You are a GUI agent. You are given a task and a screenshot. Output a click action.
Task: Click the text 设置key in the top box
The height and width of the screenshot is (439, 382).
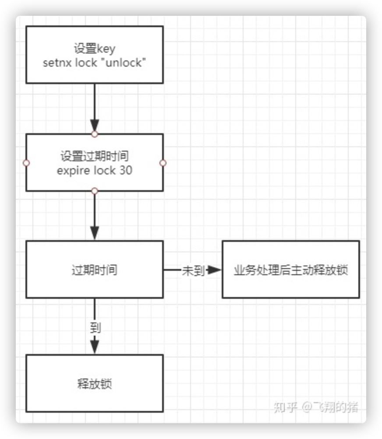95,49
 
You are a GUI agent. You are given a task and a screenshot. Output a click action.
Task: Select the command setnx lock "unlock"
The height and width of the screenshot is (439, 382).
95,63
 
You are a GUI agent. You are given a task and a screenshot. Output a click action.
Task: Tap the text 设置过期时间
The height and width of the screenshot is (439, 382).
95,156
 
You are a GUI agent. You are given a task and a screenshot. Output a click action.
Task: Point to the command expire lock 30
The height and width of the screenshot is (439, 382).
95,170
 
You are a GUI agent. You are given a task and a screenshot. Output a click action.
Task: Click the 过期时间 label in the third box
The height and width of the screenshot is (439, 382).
95,270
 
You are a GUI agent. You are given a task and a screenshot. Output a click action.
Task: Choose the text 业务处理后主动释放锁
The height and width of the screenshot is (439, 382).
291,270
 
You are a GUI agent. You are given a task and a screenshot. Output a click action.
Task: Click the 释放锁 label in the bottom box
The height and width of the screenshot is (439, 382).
95,384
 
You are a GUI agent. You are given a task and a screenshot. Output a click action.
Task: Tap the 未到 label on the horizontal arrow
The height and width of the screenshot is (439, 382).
193,271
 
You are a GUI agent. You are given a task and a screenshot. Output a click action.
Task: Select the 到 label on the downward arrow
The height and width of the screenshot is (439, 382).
95,327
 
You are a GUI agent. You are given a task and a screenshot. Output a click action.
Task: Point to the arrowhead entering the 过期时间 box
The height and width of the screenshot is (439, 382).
95,233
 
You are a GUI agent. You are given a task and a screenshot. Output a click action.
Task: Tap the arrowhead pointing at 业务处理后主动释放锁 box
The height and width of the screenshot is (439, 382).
215,270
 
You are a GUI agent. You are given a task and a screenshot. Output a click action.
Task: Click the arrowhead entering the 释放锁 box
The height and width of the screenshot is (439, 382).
95,347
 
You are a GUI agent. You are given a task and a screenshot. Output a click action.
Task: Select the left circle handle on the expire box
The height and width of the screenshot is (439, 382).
26,163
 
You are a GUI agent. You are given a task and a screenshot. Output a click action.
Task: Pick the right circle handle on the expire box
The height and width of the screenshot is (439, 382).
163,163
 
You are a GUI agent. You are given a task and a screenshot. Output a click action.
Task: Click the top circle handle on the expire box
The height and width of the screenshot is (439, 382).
95,134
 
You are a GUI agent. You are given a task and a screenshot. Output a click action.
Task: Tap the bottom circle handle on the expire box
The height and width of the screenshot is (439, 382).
95,191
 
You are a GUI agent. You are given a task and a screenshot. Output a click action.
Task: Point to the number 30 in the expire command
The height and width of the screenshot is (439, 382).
126,170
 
